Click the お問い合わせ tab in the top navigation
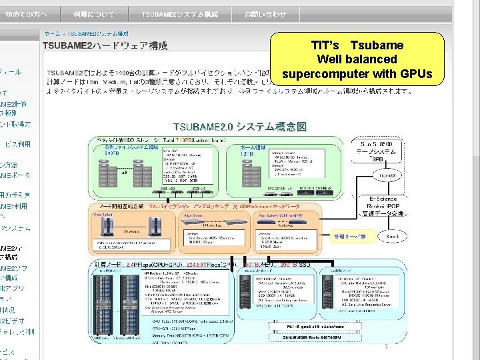tap(265, 14)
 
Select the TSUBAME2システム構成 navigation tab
tap(179, 14)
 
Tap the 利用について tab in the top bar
tap(93, 14)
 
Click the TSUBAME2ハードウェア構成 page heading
tap(105, 46)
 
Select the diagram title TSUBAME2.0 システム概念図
tap(240, 126)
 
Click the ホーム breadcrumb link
tap(51, 33)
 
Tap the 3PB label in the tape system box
tap(377, 159)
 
